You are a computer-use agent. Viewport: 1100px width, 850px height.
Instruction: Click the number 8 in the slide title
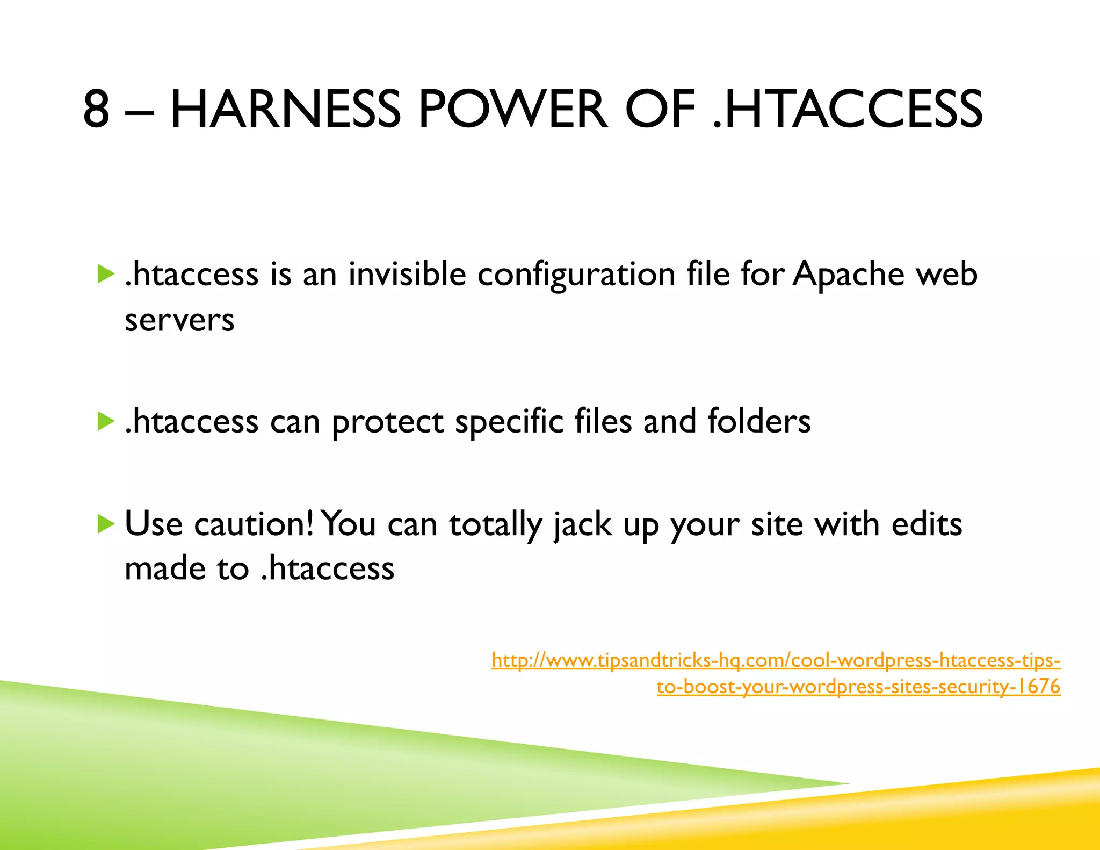[97, 110]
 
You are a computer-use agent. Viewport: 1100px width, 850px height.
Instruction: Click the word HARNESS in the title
[285, 110]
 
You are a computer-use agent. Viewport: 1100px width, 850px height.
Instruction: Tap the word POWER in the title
[513, 110]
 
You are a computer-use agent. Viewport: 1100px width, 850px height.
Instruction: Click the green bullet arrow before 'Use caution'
[106, 524]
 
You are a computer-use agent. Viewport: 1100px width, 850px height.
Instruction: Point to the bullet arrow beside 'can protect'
[106, 421]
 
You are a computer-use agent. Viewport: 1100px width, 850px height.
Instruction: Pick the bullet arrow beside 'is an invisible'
[106, 274]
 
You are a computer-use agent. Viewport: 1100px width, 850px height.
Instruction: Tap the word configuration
[576, 275]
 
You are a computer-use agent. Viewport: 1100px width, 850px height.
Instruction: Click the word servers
[179, 321]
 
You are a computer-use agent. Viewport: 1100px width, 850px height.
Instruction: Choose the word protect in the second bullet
[387, 422]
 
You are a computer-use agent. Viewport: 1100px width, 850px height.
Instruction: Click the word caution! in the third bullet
[254, 524]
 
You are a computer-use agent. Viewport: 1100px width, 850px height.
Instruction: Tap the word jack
[582, 525]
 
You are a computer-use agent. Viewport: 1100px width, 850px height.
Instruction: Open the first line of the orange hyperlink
[776, 660]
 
